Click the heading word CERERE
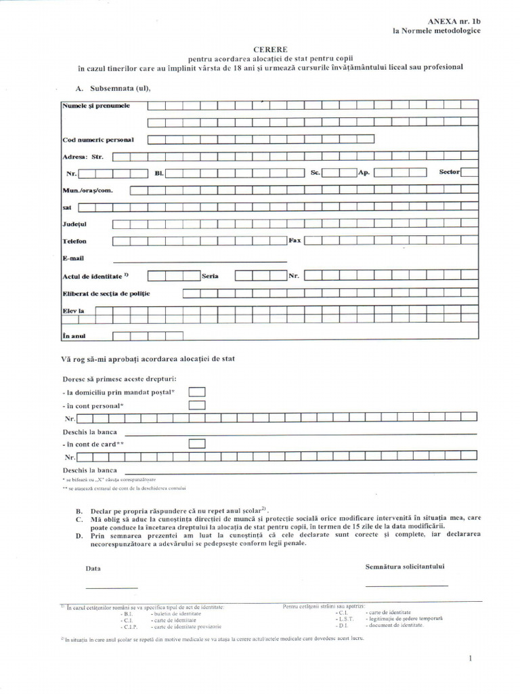(x=270, y=49)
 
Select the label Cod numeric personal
(x=98, y=140)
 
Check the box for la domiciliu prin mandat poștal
(x=197, y=392)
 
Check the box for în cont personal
(x=197, y=405)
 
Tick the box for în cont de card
(x=197, y=444)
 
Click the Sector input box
(x=470, y=172)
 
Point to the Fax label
(x=295, y=241)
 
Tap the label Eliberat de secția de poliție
(x=106, y=293)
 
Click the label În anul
(x=74, y=336)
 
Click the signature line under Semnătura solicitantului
(x=406, y=584)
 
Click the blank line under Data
(x=112, y=586)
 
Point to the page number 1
(x=471, y=659)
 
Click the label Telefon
(x=74, y=241)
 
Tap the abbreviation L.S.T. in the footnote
(x=345, y=618)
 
